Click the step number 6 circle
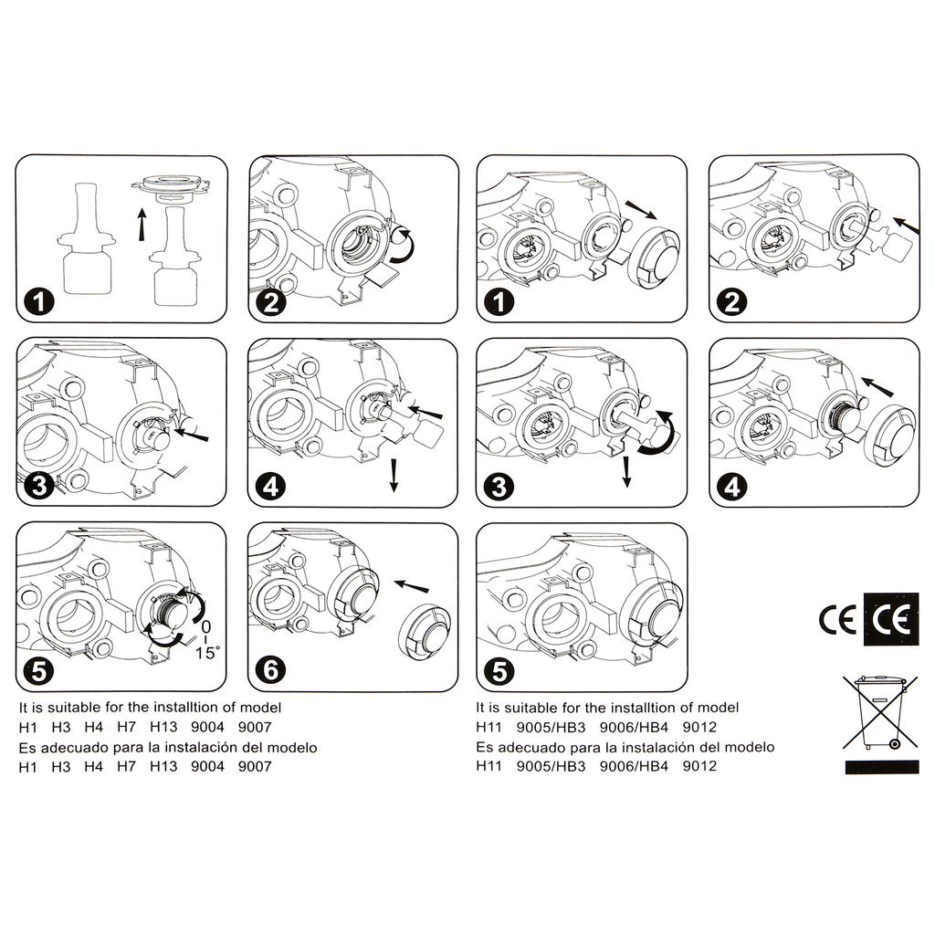pyautogui.click(x=270, y=669)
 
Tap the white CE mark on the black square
pyautogui.click(x=891, y=619)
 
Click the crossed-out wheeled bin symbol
pyautogui.click(x=880, y=712)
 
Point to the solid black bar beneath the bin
pyautogui.click(x=882, y=767)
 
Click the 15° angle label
pyautogui.click(x=207, y=653)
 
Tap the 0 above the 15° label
pyautogui.click(x=205, y=626)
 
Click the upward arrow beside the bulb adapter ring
pyautogui.click(x=142, y=225)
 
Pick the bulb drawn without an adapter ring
pyautogui.click(x=87, y=238)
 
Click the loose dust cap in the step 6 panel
pyautogui.click(x=424, y=634)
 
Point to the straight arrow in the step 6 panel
pyautogui.click(x=412, y=585)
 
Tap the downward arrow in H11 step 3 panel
pyautogui.click(x=626, y=472)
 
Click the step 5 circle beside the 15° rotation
pyautogui.click(x=38, y=671)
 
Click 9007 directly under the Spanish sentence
pyautogui.click(x=255, y=767)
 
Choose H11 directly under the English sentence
pyautogui.click(x=489, y=727)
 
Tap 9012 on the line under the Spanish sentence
pyautogui.click(x=699, y=766)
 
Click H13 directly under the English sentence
pyautogui.click(x=163, y=727)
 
